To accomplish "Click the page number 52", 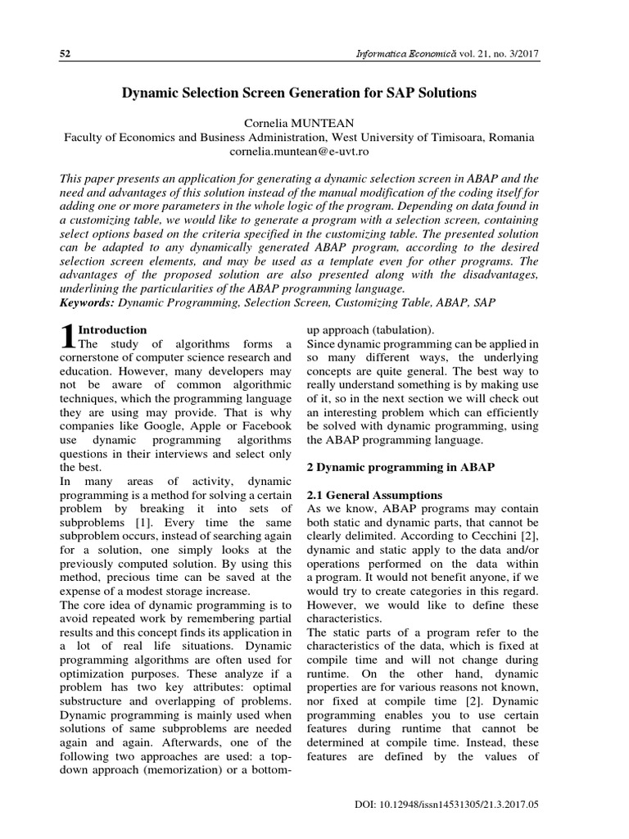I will (66, 53).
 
